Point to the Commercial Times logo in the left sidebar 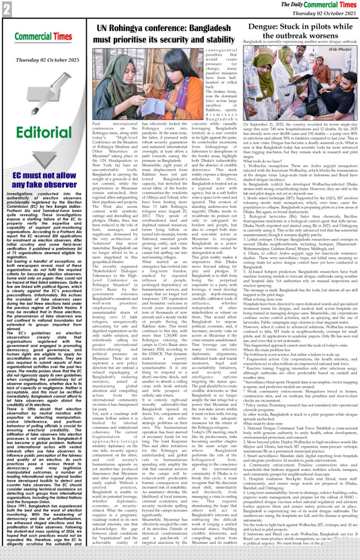(44, 36)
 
